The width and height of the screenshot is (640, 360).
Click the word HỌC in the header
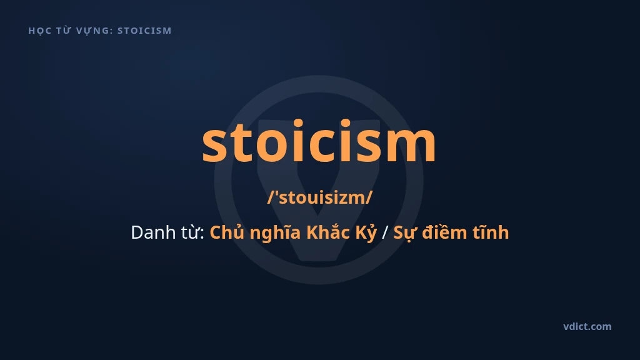39,31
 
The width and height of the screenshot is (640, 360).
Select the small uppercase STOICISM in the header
144,31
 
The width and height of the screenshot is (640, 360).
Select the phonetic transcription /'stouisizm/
320,197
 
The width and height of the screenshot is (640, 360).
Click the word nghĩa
276,233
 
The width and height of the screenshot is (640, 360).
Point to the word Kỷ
366,233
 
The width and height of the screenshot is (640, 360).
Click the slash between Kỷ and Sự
384,232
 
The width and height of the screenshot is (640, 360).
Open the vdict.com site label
587,326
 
